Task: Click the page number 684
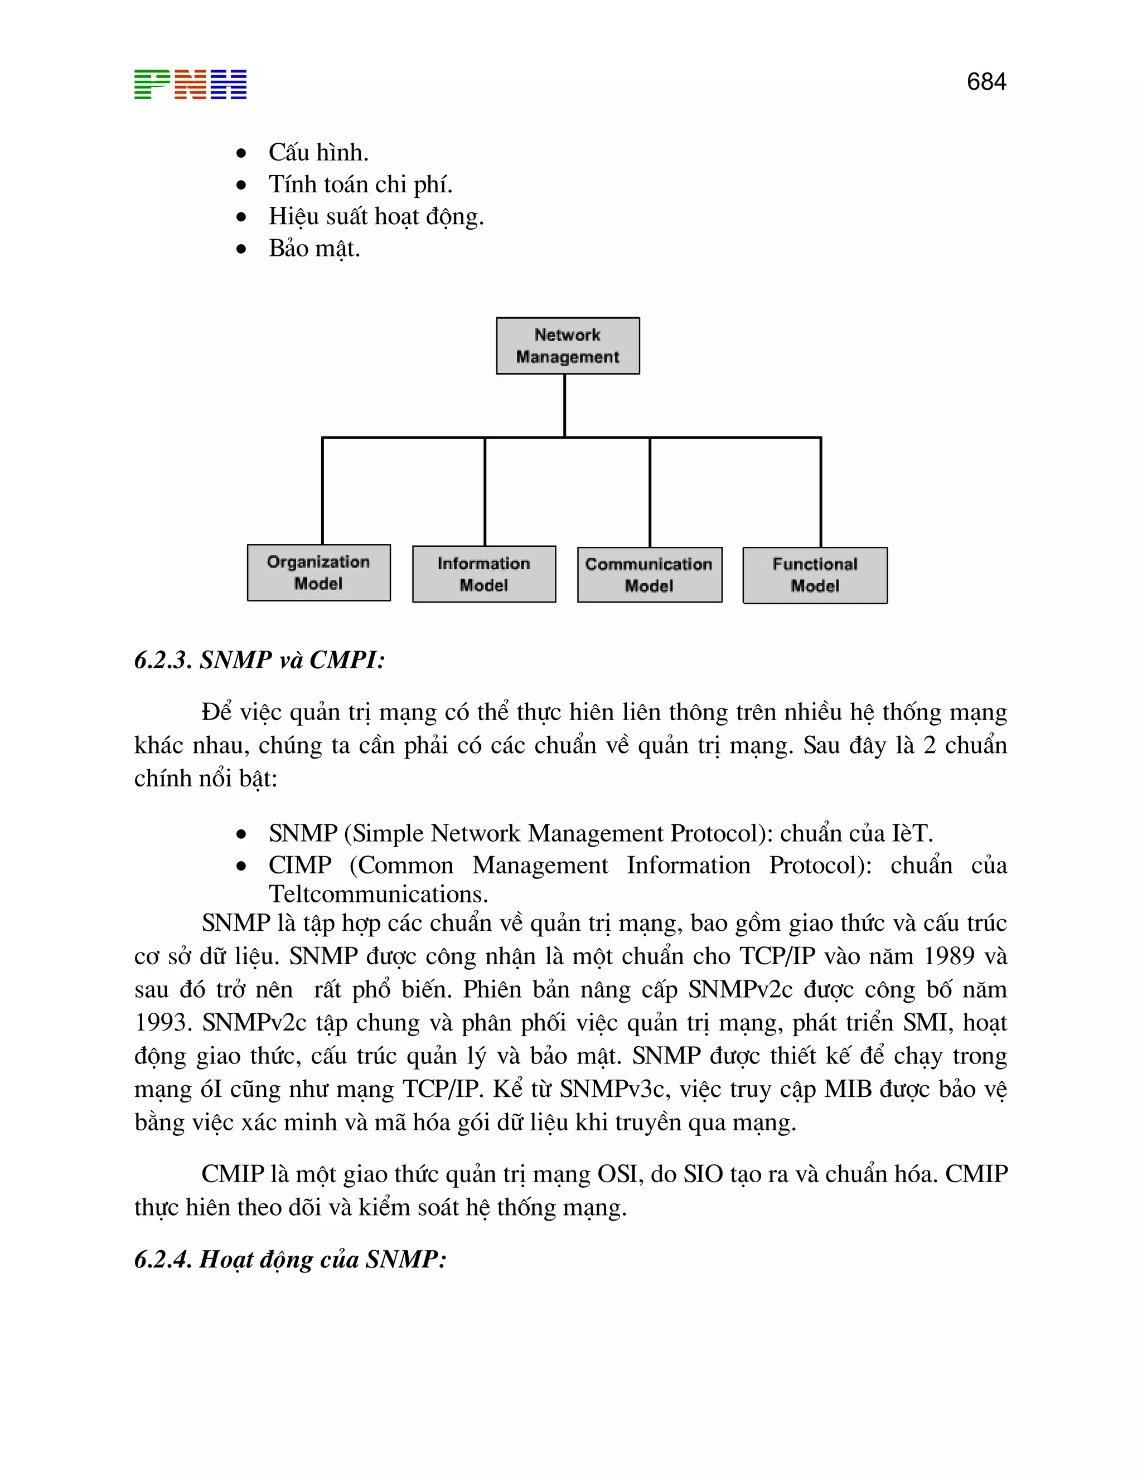986,82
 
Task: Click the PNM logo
190,85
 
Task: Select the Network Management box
568,346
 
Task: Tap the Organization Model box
318,573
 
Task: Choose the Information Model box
483,574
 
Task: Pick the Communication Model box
649,575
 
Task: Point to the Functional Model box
815,575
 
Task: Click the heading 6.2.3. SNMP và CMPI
260,659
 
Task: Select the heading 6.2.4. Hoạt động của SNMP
290,1259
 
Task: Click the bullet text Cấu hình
318,152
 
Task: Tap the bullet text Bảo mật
314,248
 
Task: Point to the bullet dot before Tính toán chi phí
241,184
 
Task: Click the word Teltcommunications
378,894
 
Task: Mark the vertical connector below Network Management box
565,406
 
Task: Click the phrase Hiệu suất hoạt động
376,216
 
